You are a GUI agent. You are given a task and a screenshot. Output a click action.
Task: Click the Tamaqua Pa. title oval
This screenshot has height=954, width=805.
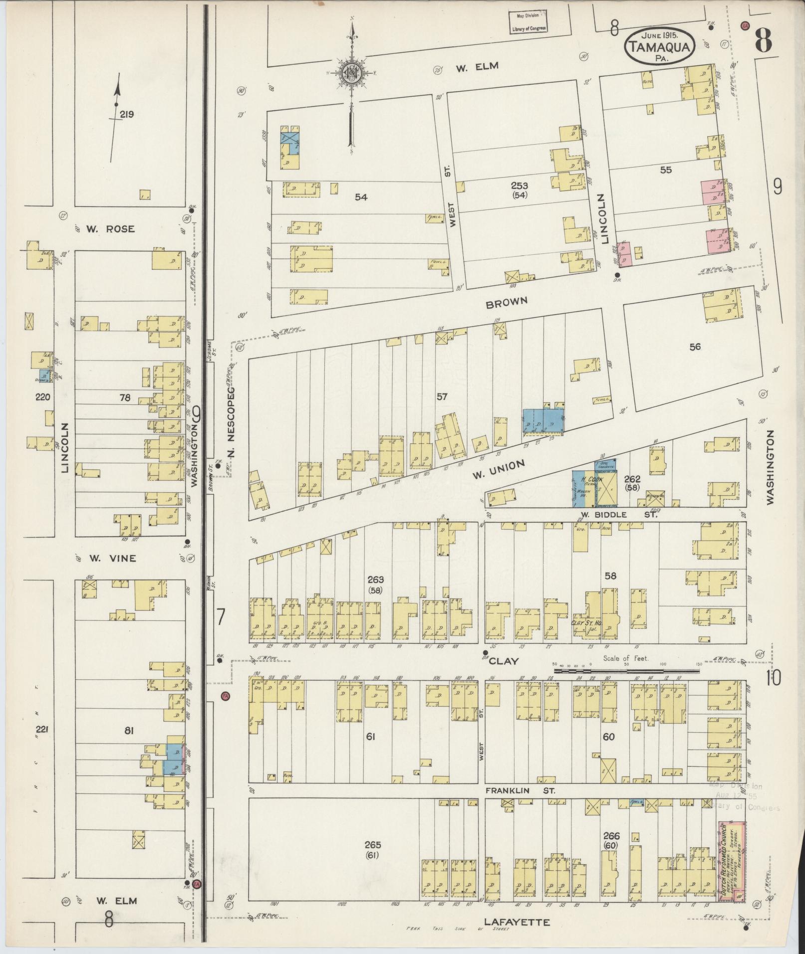660,45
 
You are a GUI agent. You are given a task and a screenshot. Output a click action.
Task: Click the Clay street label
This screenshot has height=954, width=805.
504,661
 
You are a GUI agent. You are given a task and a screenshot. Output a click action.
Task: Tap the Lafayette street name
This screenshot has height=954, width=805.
516,922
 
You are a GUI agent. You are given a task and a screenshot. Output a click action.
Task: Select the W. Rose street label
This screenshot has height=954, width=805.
110,229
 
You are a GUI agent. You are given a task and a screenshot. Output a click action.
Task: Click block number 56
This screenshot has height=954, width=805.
695,347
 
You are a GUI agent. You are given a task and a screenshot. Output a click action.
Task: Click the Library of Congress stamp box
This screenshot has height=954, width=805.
528,22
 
